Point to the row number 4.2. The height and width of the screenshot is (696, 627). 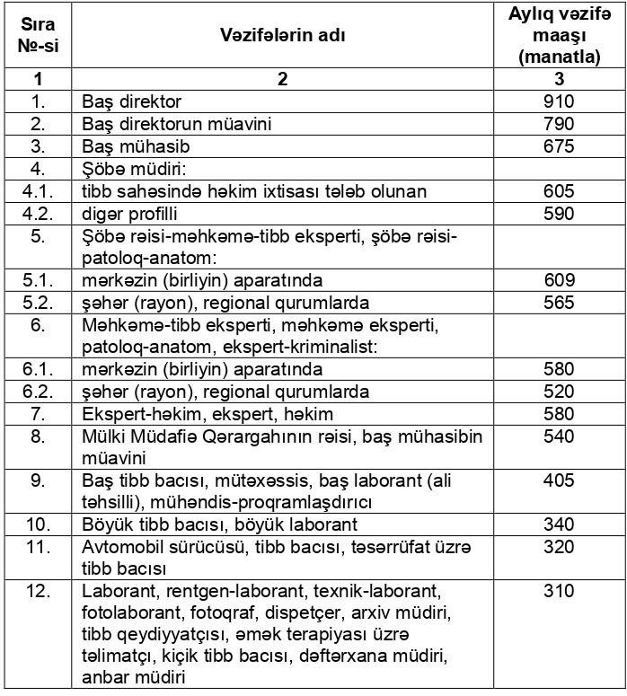click(x=38, y=215)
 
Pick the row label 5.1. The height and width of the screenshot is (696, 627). click(x=38, y=279)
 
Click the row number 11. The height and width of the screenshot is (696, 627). click(x=38, y=547)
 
